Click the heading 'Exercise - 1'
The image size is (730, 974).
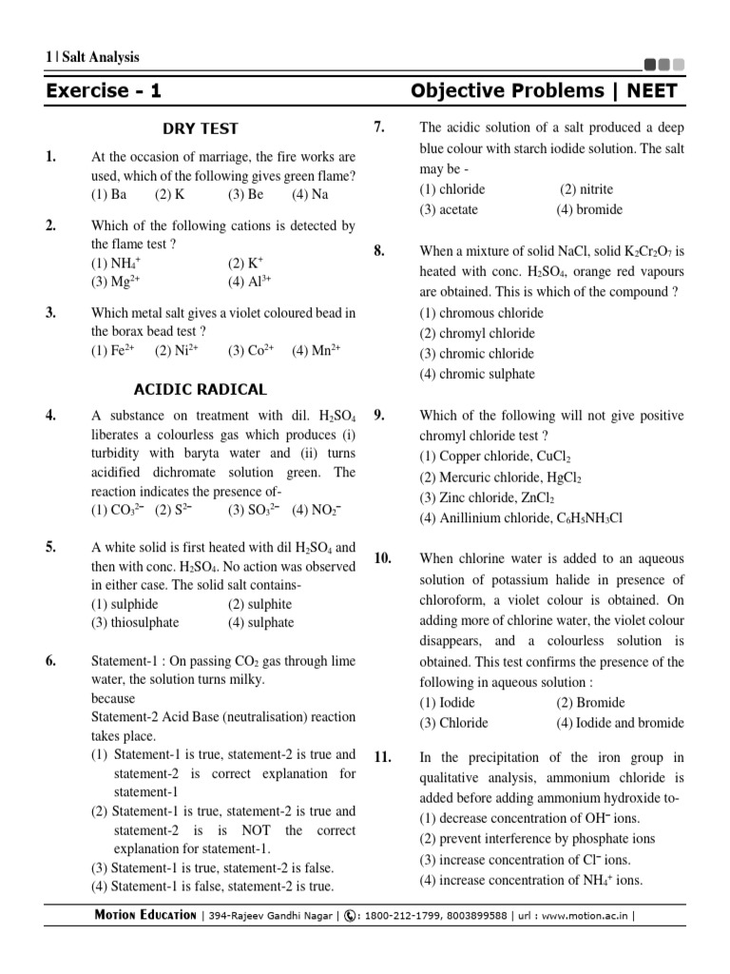[104, 91]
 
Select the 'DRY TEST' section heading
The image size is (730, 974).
[201, 128]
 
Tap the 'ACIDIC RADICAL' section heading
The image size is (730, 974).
[201, 389]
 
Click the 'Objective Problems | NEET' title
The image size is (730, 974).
[545, 91]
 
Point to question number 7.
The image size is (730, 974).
[378, 127]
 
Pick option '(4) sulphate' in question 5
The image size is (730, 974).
[260, 623]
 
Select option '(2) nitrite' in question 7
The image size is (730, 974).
[586, 189]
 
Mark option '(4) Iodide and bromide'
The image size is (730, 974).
[620, 723]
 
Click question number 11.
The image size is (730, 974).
[382, 757]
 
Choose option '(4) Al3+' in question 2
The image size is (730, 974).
[250, 282]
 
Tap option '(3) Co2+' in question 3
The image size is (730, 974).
[251, 350]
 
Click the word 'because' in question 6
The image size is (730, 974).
[113, 698]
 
